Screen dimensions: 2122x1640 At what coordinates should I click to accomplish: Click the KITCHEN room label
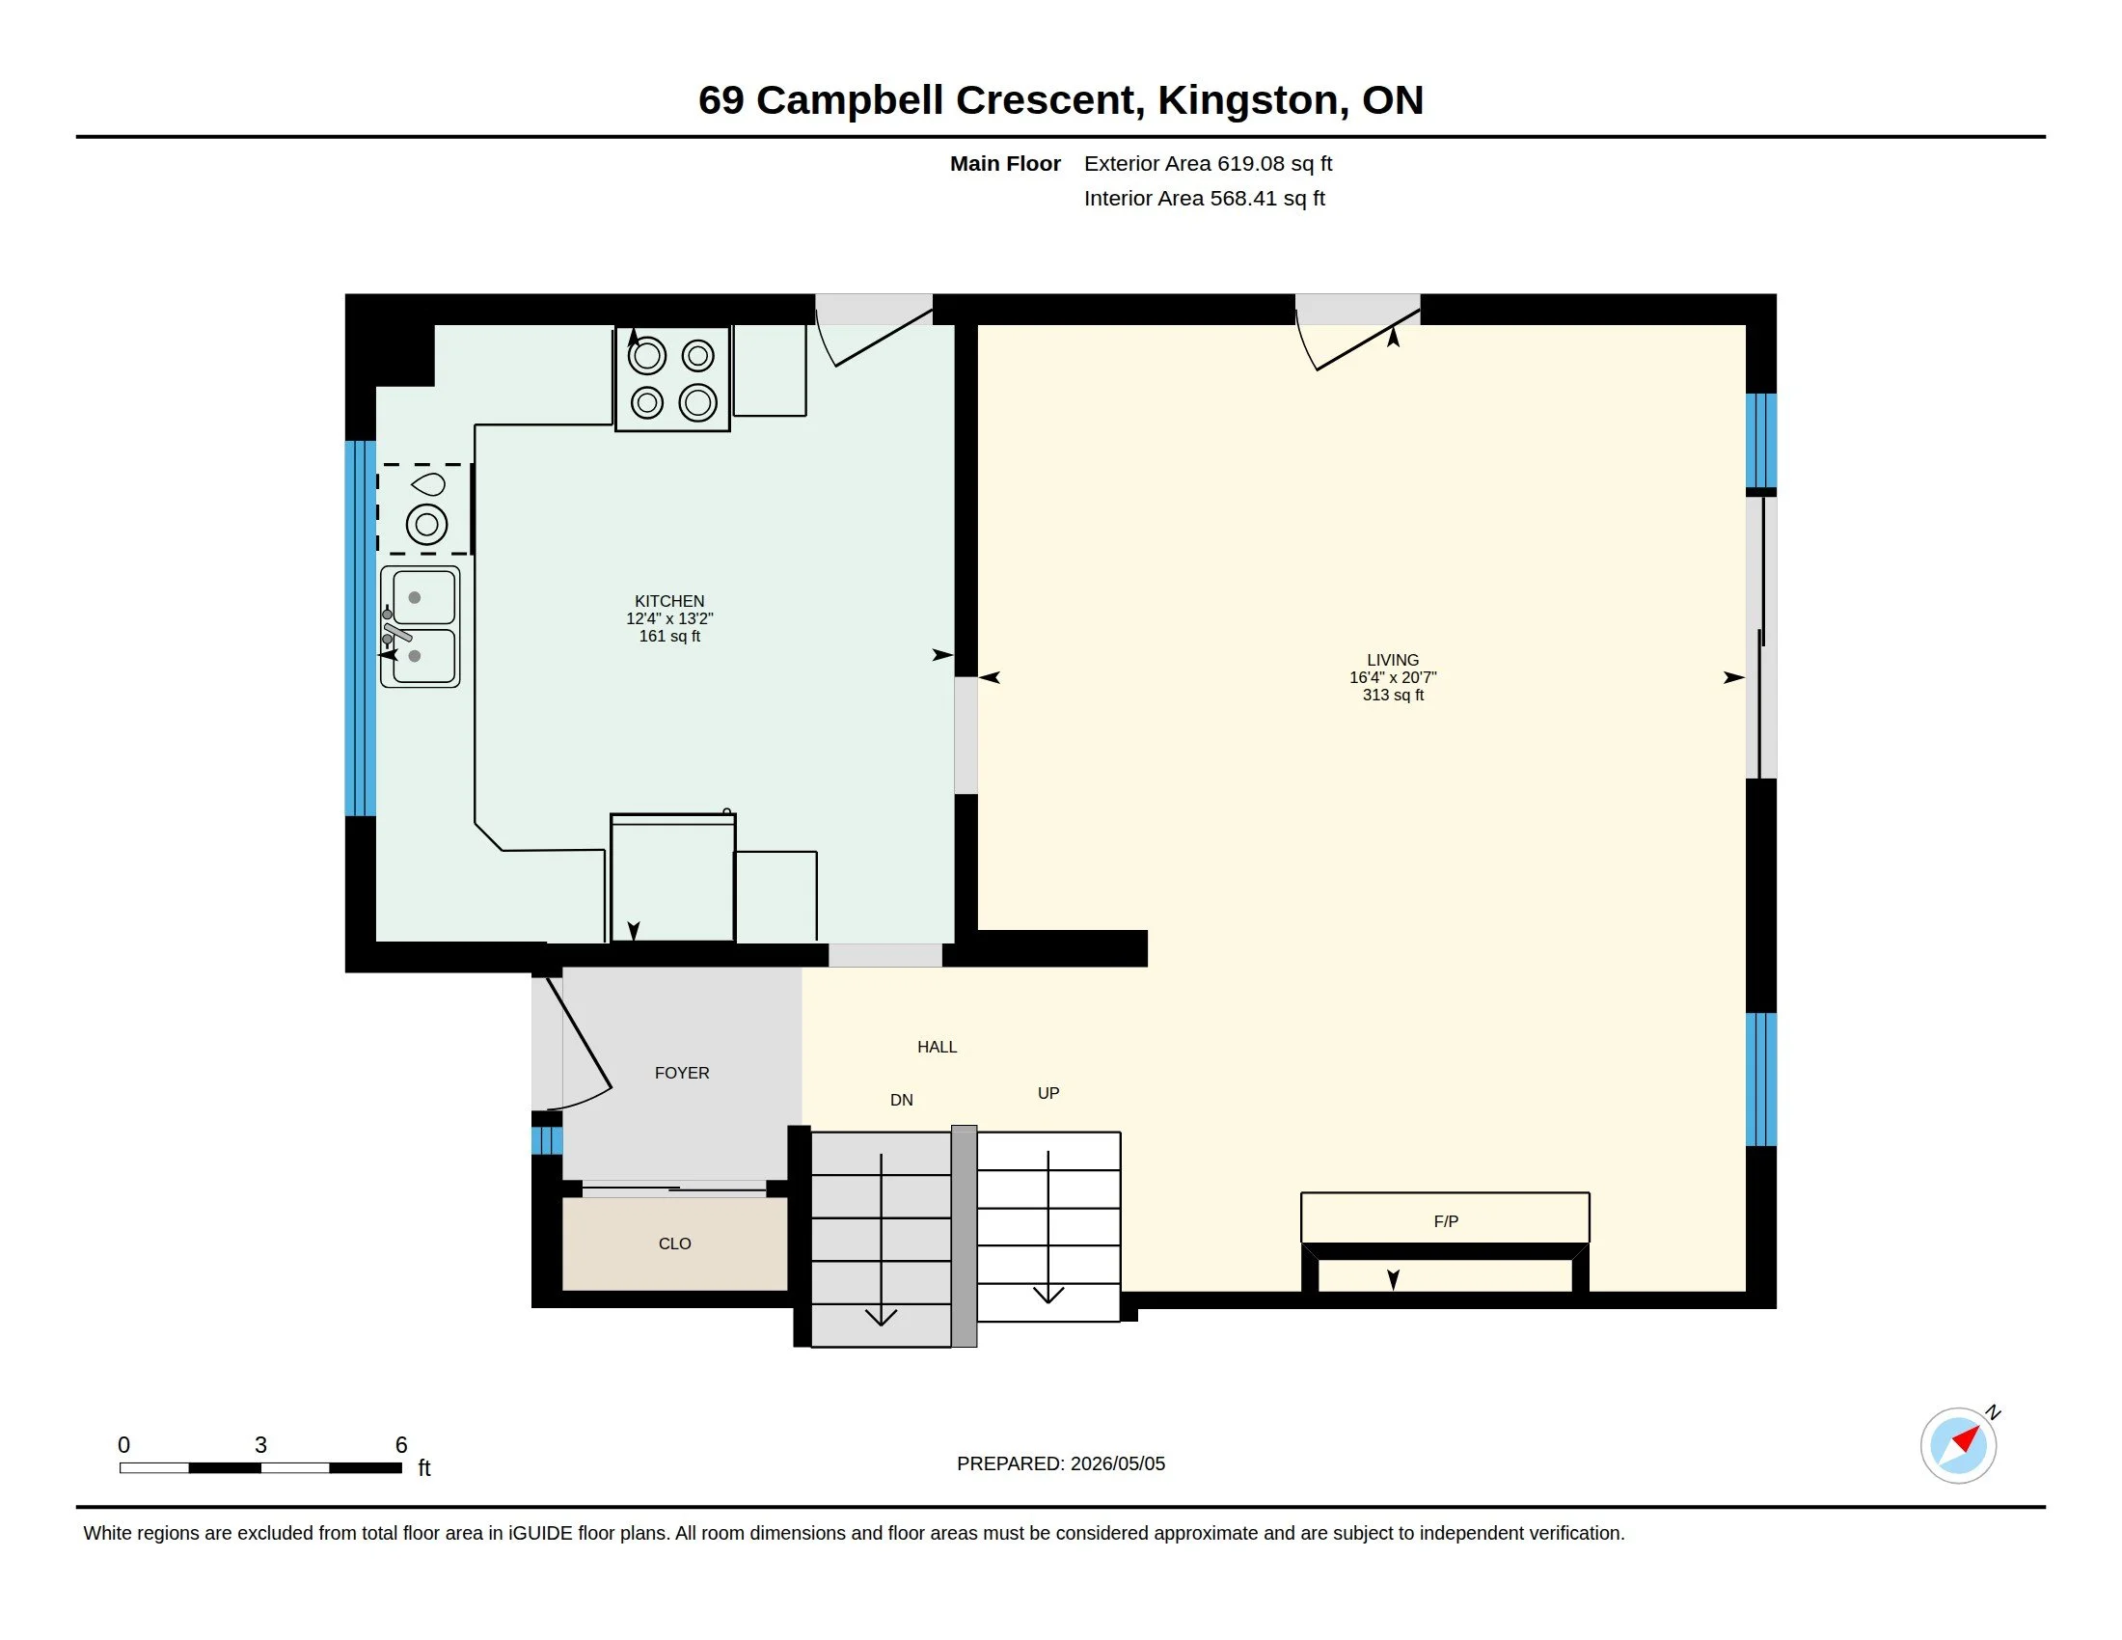(x=669, y=601)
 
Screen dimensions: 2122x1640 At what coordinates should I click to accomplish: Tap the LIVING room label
(x=1392, y=660)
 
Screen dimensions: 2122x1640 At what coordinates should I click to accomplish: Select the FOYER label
(x=682, y=1073)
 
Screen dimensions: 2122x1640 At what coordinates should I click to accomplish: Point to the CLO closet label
(x=674, y=1244)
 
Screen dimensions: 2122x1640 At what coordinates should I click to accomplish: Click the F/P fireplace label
(x=1446, y=1221)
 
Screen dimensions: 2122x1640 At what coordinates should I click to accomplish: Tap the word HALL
(x=937, y=1047)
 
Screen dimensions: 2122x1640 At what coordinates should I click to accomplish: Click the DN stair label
(x=902, y=1100)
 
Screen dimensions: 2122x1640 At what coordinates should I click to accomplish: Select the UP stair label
(x=1048, y=1093)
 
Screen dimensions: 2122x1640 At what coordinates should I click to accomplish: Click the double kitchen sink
(x=420, y=627)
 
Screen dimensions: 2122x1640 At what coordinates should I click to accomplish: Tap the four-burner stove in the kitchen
(x=672, y=379)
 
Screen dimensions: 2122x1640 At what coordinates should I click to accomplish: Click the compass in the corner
(x=1959, y=1445)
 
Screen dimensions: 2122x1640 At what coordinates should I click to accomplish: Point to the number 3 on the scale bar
(x=260, y=1445)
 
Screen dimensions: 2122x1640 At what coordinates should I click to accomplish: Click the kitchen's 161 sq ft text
(x=669, y=637)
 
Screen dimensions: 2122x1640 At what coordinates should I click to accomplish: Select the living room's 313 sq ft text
(x=1392, y=695)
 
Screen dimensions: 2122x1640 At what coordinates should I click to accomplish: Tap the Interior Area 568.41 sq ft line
(x=1204, y=198)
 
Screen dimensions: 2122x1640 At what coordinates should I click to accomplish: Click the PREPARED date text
(x=1061, y=1463)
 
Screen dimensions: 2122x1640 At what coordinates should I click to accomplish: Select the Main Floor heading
(x=1005, y=163)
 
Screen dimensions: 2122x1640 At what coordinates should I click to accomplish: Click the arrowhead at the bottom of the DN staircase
(x=882, y=1318)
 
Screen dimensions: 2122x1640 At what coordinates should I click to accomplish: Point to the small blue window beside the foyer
(x=547, y=1139)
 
